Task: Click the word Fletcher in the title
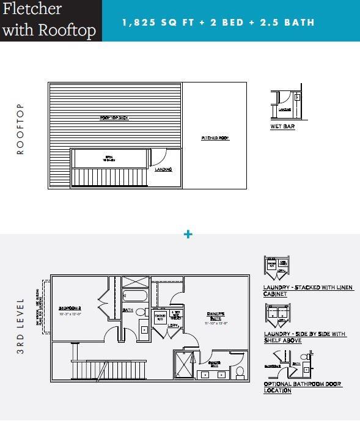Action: pos(32,10)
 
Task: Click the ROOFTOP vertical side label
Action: pos(20,129)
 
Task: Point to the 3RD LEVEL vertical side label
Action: pos(20,326)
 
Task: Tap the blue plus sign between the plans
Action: pos(188,234)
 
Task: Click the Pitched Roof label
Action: pos(215,139)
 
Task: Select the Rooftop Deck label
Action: pos(114,118)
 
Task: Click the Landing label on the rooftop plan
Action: pos(163,169)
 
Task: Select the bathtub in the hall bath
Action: pos(134,297)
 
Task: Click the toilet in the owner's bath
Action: pos(240,371)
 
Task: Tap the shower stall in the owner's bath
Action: pos(184,365)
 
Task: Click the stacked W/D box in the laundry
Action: pos(160,318)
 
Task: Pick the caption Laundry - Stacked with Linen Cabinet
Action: pos(308,290)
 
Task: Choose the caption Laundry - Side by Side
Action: pos(304,337)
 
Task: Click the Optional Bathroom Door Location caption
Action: pos(303,387)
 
